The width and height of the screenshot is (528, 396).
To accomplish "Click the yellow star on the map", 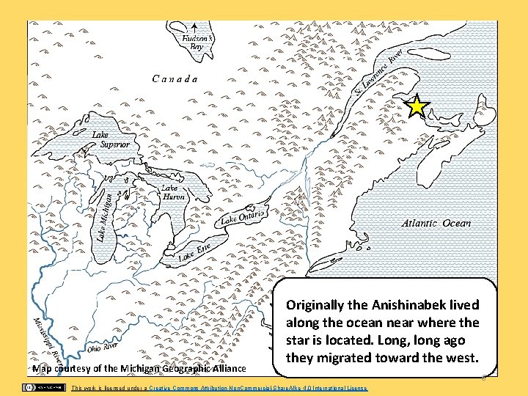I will (417, 107).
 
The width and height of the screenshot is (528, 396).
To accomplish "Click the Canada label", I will (175, 78).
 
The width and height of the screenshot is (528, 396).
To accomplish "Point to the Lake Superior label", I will (110, 140).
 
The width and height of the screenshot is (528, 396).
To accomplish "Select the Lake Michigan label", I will (104, 213).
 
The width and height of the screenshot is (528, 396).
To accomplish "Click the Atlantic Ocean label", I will (436, 223).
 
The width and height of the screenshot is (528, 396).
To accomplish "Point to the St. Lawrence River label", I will (378, 73).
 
